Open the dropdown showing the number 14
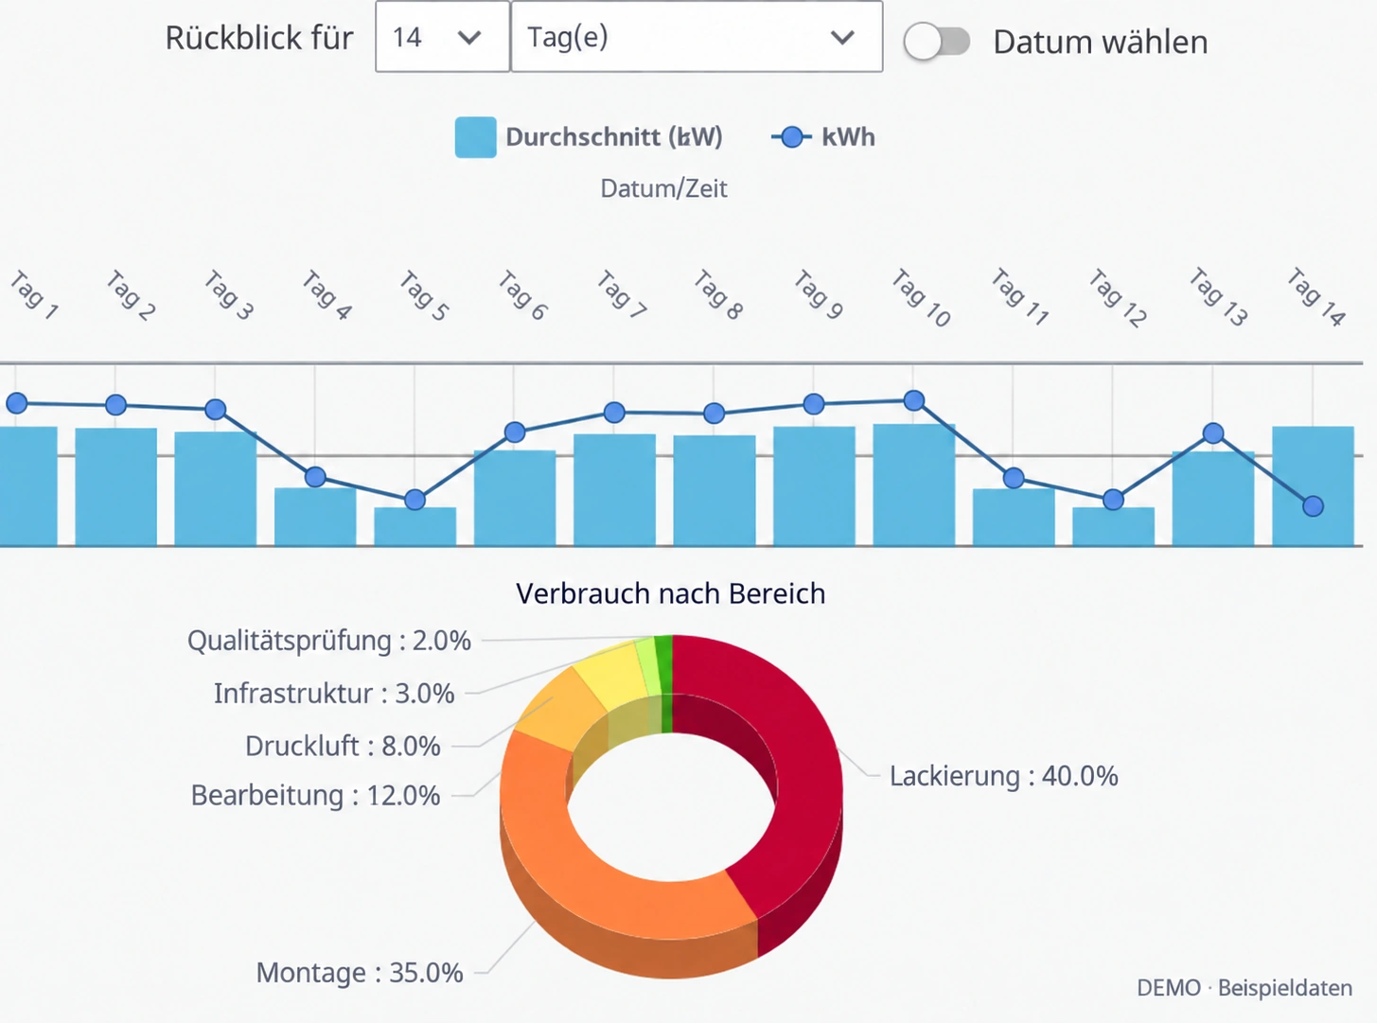[443, 37]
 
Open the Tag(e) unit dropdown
[697, 37]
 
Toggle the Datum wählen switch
[937, 42]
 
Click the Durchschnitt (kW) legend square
[475, 137]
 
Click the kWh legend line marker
[791, 137]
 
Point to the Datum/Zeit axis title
[663, 188]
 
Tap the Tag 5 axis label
[423, 295]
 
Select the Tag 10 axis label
[921, 298]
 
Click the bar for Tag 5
[415, 526]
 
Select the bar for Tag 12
[1113, 526]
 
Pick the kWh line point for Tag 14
[1313, 506]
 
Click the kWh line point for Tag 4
[315, 477]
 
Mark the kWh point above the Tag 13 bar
[1213, 432]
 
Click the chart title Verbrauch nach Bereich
[670, 594]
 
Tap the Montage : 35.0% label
[360, 973]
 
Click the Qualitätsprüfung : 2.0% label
[329, 641]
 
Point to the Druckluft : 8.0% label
[343, 746]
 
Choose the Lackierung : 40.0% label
[1004, 776]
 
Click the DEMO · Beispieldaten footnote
[1245, 988]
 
